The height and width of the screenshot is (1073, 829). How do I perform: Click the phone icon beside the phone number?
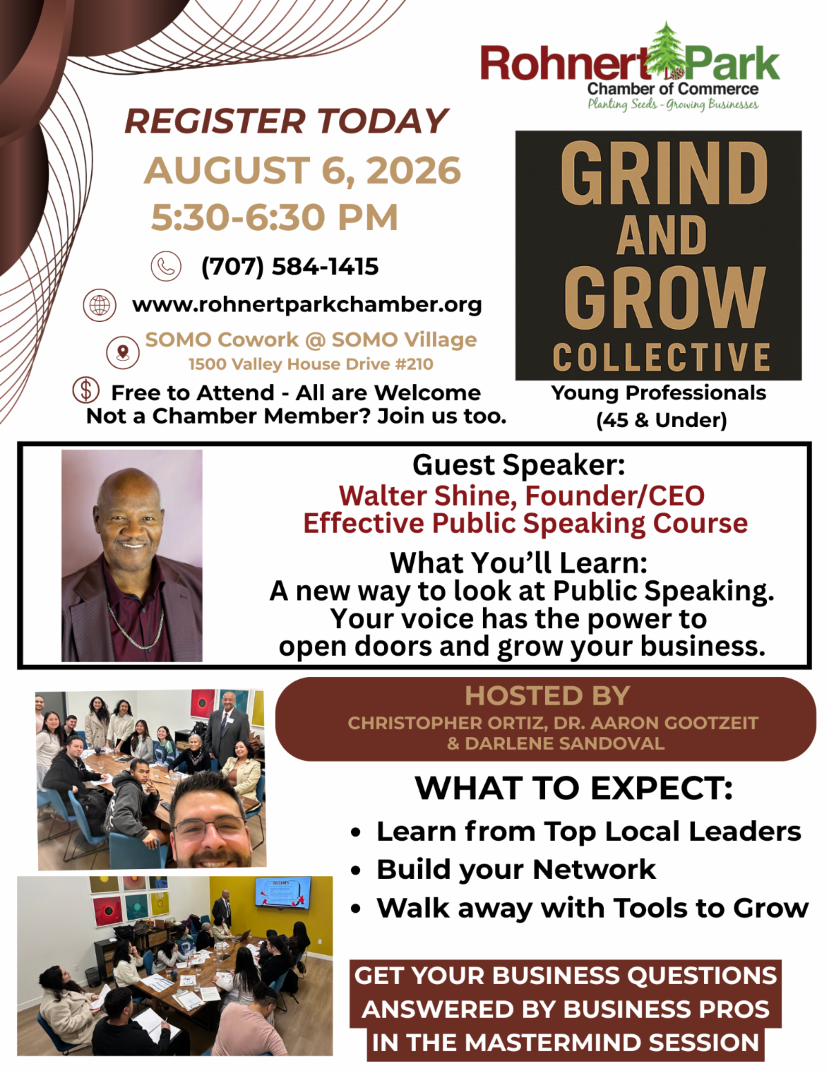[166, 266]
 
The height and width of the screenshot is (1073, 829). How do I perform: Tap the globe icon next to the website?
[99, 305]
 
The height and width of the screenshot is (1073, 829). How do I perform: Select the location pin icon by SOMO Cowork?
[123, 352]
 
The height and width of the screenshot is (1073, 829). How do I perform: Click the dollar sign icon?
[86, 390]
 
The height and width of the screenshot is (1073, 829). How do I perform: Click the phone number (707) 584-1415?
[290, 267]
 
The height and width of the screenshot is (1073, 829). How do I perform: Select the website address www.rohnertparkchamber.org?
[307, 305]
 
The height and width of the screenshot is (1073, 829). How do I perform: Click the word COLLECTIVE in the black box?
[661, 357]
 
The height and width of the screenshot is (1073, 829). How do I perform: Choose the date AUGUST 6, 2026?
[302, 171]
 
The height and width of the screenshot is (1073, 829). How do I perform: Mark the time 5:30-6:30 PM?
[274, 217]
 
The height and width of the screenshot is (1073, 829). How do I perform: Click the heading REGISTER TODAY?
[286, 122]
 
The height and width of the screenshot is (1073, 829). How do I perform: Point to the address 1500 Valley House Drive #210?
[311, 364]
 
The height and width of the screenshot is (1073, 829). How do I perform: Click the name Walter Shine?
[428, 495]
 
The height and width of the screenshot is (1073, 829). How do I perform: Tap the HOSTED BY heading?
[547, 696]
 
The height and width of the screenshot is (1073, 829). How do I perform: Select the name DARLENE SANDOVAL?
[564, 743]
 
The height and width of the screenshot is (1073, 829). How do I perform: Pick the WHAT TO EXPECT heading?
[573, 788]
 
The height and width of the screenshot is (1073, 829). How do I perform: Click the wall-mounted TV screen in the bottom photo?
[283, 892]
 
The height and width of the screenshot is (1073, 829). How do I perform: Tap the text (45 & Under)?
[661, 420]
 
